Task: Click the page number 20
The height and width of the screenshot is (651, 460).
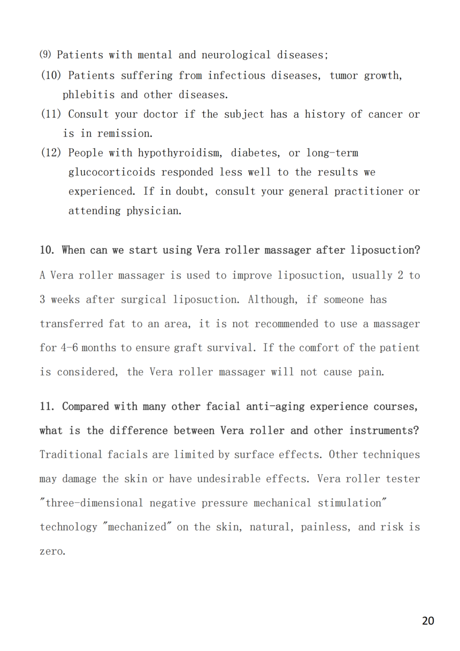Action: [428, 621]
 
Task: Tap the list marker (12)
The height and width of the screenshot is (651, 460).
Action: [51, 153]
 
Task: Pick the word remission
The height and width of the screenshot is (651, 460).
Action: [124, 133]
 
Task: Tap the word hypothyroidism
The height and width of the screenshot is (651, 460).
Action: [179, 153]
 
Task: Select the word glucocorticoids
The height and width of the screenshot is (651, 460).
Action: [112, 172]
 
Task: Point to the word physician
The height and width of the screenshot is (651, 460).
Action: [154, 211]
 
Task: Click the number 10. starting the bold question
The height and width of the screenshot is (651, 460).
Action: [48, 250]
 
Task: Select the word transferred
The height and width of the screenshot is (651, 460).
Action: [71, 324]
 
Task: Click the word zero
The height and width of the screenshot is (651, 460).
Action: [52, 551]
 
